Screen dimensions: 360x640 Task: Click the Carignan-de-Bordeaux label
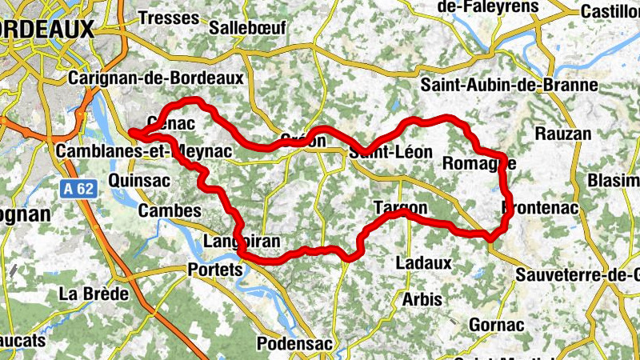tap(156, 78)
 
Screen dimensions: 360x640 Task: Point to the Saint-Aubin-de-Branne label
tap(510, 85)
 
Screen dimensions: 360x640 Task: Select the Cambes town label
tap(170, 210)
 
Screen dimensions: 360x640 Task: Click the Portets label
tap(214, 270)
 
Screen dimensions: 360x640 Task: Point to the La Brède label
tap(94, 294)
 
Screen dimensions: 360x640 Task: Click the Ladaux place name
tap(424, 262)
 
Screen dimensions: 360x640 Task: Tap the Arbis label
tap(422, 299)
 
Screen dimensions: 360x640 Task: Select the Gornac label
tap(497, 325)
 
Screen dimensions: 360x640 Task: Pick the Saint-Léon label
tap(390, 152)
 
